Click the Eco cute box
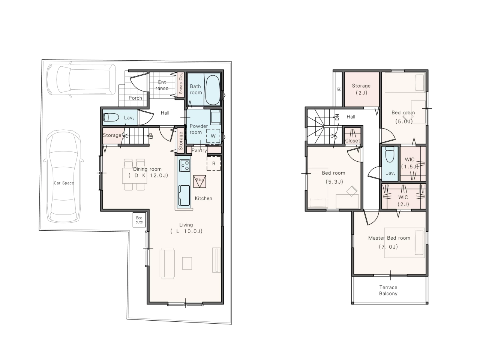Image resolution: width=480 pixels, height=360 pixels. point(139,220)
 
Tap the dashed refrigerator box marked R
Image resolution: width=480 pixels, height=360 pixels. point(214,163)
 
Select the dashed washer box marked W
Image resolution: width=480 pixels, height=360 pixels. point(213,136)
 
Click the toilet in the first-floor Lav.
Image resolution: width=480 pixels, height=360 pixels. point(111,117)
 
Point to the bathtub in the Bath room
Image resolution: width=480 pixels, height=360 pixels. point(213,90)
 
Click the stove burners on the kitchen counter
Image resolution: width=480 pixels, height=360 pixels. point(184,165)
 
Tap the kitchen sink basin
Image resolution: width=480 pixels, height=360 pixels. point(184,195)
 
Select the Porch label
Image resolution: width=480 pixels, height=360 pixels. point(135,98)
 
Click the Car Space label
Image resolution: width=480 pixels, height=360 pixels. point(64,183)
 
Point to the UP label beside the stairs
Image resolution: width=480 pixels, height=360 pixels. point(151,136)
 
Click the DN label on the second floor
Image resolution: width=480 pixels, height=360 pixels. point(337,117)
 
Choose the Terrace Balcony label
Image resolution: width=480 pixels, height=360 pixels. point(388,290)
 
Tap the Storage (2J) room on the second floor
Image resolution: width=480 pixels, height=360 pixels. point(362,89)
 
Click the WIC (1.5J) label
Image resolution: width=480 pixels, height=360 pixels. point(409,163)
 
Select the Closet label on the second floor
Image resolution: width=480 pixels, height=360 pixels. point(352,141)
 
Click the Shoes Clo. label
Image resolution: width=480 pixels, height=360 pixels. point(181,83)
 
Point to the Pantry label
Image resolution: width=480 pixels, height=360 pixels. point(199,150)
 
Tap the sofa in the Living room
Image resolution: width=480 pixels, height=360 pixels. point(167,263)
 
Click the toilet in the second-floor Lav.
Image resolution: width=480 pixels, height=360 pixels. point(390,154)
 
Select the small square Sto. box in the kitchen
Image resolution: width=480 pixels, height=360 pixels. point(199,181)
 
